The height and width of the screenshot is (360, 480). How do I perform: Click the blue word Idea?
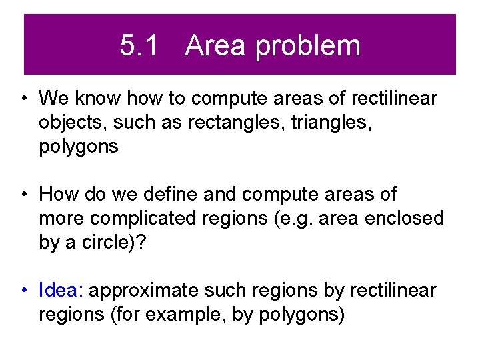(61, 291)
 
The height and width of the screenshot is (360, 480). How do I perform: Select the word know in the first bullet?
(97, 99)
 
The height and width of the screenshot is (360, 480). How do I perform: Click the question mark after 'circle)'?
(142, 243)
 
